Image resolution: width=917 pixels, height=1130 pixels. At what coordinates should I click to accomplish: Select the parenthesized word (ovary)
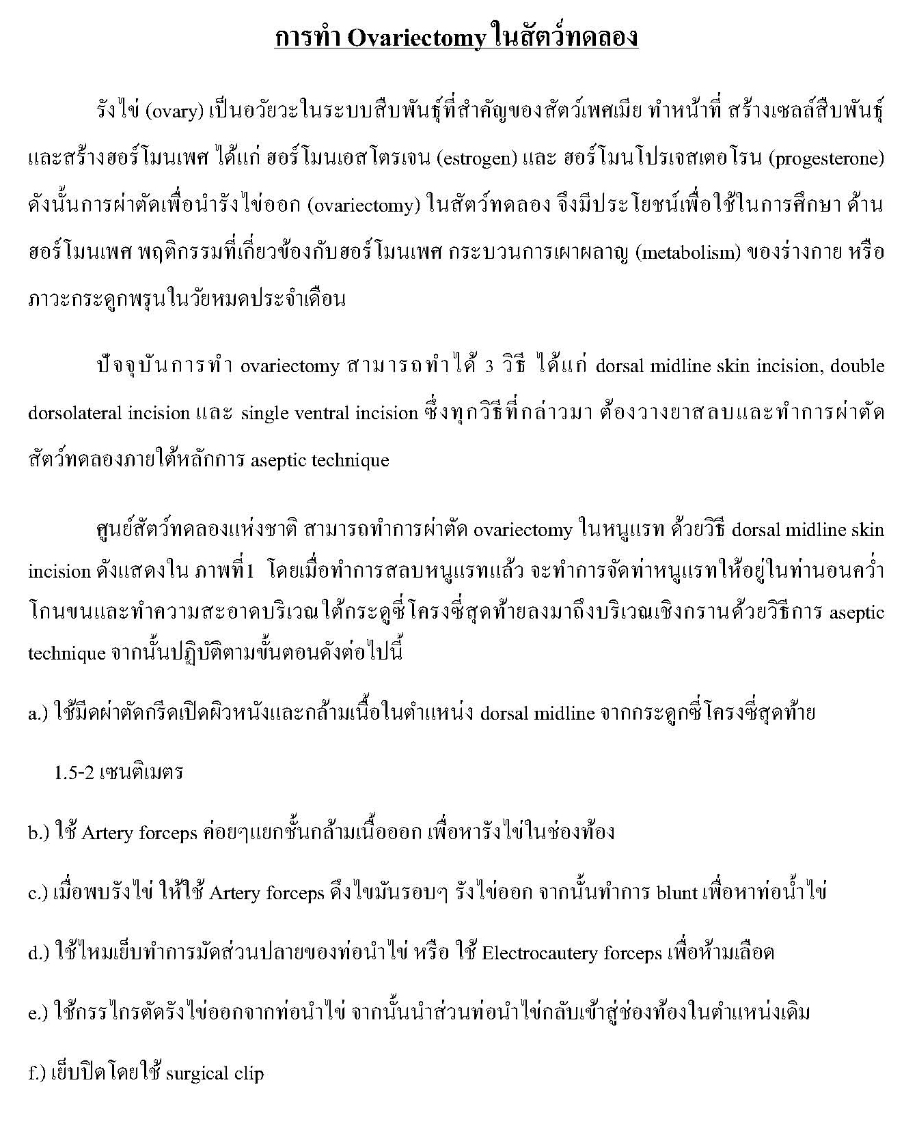click(x=174, y=111)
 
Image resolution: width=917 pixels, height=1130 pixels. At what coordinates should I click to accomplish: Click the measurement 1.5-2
click(x=74, y=773)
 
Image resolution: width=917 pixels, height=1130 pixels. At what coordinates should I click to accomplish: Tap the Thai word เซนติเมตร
click(x=141, y=773)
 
